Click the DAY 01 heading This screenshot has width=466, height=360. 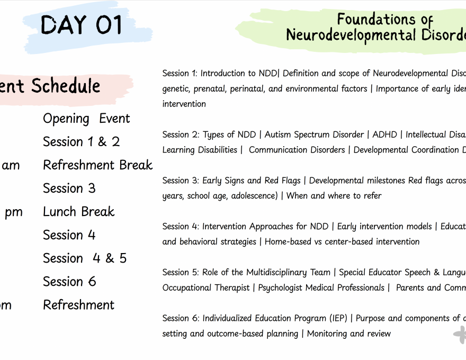[x=82, y=25]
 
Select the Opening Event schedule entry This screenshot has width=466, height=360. [x=86, y=119]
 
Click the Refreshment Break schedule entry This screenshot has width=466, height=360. [x=97, y=165]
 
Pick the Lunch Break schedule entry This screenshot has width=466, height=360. [x=78, y=212]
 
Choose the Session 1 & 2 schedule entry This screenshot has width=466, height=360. [x=81, y=142]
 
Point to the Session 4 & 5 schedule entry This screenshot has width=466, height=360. [x=85, y=258]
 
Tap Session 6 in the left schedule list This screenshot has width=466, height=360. [x=69, y=282]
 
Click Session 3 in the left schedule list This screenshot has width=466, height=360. [x=69, y=188]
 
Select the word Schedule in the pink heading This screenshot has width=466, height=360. [x=66, y=86]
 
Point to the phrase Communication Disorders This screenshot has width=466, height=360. [x=297, y=150]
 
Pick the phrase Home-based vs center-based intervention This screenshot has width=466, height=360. [x=342, y=242]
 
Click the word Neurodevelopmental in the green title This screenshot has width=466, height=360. [x=351, y=35]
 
